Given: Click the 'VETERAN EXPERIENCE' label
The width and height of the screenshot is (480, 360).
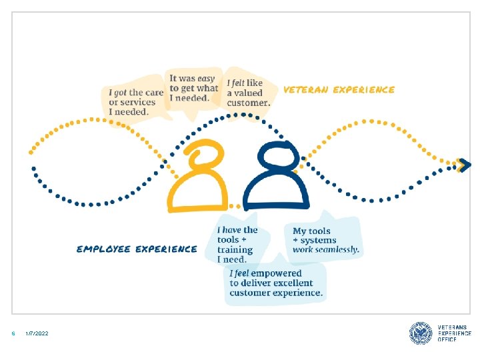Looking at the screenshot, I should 339,89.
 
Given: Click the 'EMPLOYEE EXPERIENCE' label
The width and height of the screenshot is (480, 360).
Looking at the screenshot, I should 137,249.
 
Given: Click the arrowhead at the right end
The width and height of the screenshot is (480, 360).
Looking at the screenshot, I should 465,164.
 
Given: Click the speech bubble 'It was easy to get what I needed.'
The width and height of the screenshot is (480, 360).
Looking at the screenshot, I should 193,88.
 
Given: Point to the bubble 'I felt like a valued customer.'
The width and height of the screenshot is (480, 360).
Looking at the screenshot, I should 248,93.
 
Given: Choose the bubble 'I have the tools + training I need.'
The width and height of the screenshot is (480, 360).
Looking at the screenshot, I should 237,244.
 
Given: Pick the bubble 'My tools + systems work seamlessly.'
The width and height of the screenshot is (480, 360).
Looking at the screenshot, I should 326,240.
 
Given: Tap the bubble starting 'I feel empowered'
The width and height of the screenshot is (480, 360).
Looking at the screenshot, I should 276,283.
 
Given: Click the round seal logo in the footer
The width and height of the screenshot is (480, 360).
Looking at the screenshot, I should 421,333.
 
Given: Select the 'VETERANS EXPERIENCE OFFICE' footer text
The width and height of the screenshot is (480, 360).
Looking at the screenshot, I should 454,333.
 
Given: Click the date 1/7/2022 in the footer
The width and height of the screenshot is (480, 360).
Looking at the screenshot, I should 37,333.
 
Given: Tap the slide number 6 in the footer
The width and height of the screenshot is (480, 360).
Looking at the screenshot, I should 13,333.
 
